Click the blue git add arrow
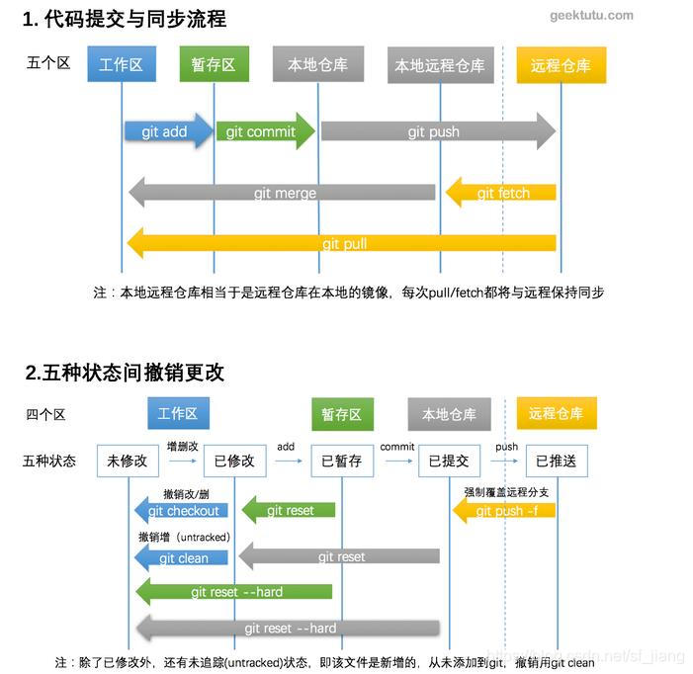167,131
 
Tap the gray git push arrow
436,131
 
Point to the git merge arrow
284,193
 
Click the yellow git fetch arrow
501,193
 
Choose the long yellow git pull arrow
343,243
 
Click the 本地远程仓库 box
440,65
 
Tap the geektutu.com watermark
591,16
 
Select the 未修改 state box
128,461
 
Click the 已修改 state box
234,461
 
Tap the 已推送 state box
556,461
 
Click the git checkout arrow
182,511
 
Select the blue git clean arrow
182,558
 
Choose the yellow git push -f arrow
505,511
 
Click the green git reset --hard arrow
234,592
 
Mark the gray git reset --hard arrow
288,628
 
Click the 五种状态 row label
49,461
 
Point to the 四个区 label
45,414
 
